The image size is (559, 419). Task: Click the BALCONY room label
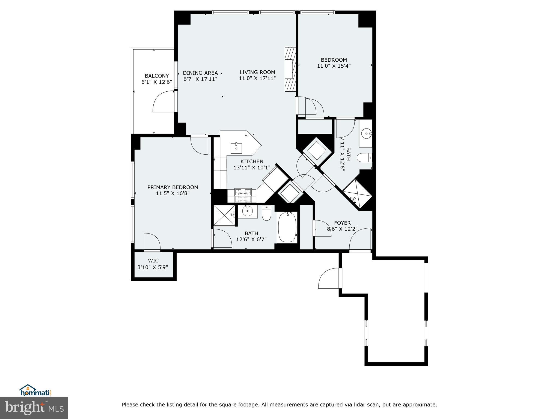157,76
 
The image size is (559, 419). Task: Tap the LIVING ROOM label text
257,72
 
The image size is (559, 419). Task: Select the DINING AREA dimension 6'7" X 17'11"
200,79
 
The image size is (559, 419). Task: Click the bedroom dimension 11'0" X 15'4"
334,66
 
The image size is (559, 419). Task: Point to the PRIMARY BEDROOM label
173,187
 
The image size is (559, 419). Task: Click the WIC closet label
153,261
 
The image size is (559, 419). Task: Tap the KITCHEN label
252,161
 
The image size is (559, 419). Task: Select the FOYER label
342,223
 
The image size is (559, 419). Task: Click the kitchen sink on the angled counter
236,148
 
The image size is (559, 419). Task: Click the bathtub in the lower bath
287,228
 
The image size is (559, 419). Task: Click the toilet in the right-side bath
364,157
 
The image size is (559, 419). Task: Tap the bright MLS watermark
34,408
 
